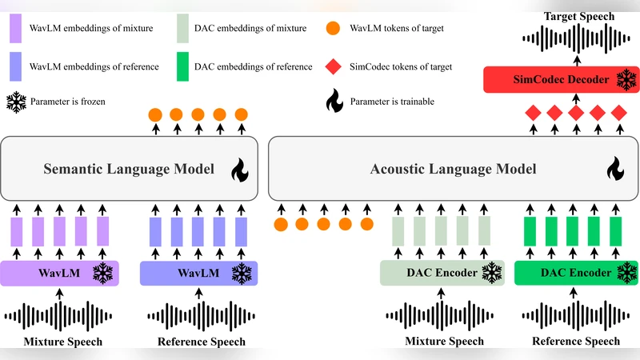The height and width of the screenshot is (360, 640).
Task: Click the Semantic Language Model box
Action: coord(128,168)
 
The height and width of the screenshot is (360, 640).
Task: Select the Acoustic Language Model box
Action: coord(452,168)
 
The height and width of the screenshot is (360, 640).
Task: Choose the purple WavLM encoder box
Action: coord(60,274)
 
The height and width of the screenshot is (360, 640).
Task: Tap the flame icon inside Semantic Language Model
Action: coord(239,170)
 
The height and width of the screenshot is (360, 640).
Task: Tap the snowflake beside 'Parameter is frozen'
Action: coord(16,102)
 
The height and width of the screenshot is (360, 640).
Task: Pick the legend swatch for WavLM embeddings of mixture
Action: coord(16,30)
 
